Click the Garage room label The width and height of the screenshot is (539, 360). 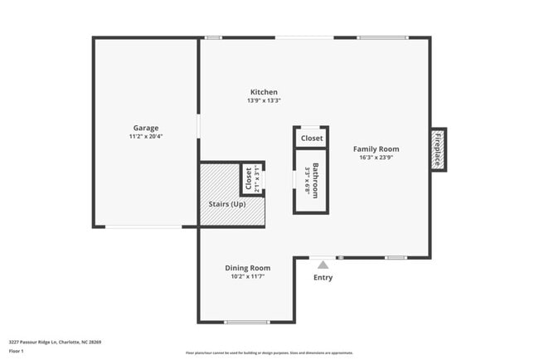pos(145,128)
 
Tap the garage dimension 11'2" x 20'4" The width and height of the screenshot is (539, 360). pos(145,136)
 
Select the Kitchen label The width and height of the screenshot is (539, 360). pos(264,92)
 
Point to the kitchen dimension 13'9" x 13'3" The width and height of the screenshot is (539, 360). pos(264,100)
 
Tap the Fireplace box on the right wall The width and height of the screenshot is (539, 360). pos(438,149)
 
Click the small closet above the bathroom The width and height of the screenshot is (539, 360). pos(312,138)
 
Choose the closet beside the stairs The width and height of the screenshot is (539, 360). pos(251,178)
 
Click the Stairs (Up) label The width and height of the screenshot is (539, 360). pos(226,203)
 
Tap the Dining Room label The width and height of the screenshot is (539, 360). pos(248,268)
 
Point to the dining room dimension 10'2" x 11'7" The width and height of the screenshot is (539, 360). pos(248,277)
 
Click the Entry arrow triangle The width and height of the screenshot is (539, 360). pos(323,264)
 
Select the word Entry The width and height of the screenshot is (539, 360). pos(323,277)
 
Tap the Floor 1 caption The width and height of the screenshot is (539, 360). pos(17,351)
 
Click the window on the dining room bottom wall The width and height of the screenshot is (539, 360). pos(246,322)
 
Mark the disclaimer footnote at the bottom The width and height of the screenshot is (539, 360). pos(269,353)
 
